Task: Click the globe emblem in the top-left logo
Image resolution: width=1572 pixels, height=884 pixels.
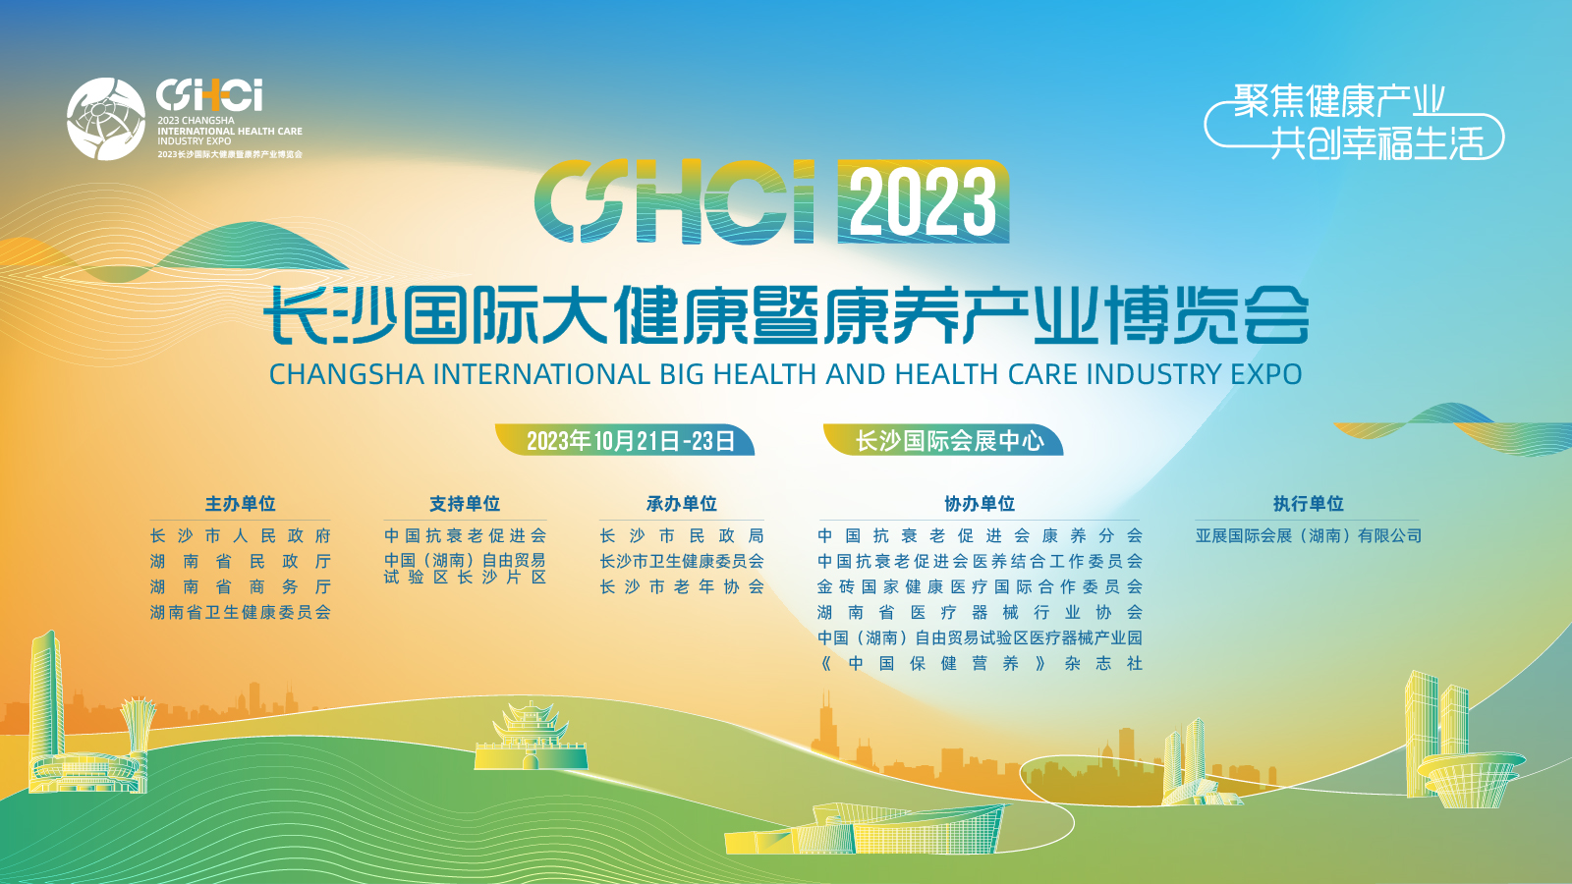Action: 106,119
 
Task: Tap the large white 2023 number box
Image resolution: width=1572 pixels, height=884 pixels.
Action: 924,202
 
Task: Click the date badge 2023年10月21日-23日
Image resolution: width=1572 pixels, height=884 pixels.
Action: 625,441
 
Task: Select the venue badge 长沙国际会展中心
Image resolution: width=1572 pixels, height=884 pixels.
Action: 943,441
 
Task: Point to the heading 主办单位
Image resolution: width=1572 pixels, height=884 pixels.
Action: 240,504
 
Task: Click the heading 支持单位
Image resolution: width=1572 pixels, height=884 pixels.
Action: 465,504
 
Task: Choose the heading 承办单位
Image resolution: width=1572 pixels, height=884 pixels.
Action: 682,504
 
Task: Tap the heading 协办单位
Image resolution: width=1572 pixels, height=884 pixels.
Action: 980,504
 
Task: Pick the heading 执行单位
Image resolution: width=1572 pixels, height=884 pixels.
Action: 1308,504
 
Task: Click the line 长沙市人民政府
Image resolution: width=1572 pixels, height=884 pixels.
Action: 240,536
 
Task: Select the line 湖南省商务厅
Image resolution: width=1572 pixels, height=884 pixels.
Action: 240,586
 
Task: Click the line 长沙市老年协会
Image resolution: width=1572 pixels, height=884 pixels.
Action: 682,586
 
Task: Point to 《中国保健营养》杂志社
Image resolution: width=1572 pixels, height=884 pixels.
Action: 980,663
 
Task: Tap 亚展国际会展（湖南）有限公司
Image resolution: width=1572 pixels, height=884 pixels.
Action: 1308,536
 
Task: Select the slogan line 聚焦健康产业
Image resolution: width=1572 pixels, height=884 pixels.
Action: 1339,101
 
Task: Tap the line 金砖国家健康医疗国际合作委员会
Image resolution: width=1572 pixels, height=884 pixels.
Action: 980,586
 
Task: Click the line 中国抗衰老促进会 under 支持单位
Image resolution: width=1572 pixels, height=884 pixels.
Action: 465,536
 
